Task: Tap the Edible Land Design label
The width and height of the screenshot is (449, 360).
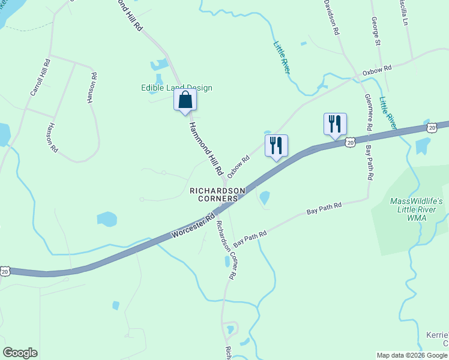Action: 176,88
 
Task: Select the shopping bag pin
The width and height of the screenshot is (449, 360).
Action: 185,100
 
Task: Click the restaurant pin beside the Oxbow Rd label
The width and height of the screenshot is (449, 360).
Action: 276,146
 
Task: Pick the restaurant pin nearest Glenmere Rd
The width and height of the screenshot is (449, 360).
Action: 334,124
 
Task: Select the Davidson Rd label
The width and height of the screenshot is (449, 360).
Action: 332,16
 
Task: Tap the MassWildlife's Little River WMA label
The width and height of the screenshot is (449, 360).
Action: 417,209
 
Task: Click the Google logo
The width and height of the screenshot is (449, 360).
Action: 20,353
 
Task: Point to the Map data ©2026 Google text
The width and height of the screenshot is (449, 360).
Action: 411,355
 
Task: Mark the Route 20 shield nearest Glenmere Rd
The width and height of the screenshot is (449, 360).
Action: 350,142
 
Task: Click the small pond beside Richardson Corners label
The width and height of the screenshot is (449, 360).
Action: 264,197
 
